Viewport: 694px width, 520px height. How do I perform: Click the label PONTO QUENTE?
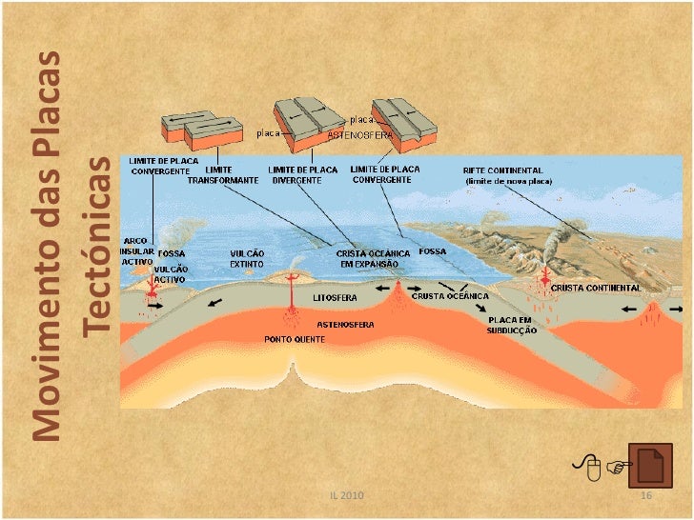(292, 338)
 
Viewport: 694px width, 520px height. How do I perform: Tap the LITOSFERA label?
(334, 297)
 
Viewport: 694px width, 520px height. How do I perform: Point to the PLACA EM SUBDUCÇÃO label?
(512, 325)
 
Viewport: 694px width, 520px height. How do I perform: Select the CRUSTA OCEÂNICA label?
(443, 295)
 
